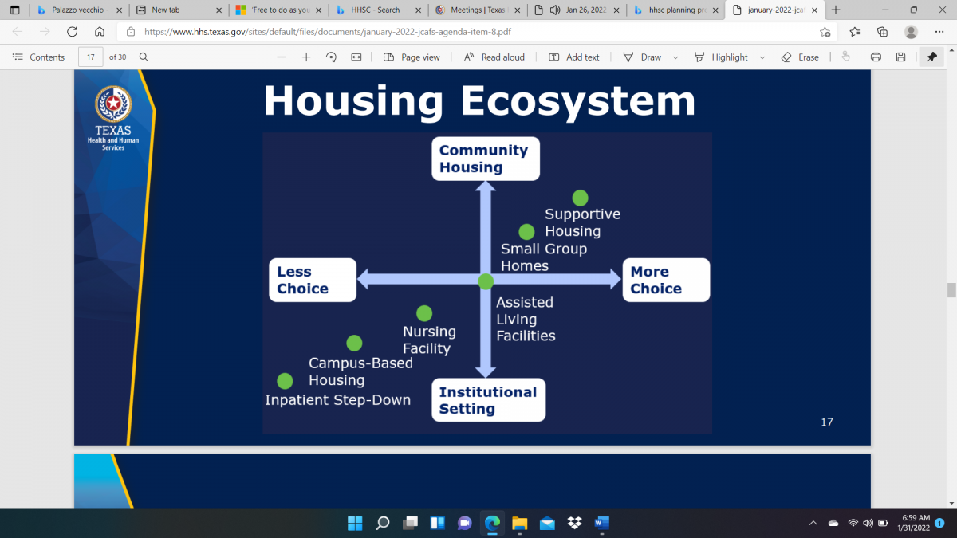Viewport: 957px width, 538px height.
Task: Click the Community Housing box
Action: click(486, 159)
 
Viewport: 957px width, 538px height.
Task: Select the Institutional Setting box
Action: click(488, 400)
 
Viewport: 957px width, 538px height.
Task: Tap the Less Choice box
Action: click(312, 280)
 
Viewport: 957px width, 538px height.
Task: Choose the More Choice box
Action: click(665, 280)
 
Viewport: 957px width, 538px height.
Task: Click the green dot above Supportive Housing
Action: click(580, 198)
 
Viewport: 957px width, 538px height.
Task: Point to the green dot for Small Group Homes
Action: click(526, 232)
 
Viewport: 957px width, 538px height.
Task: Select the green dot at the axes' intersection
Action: click(486, 281)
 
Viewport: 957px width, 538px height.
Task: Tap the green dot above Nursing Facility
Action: click(424, 313)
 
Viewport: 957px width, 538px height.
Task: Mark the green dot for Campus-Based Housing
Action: click(354, 343)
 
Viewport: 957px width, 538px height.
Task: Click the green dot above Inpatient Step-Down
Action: click(285, 381)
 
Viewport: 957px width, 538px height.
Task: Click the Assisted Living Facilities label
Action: click(525, 319)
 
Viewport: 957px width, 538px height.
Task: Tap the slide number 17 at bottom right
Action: click(826, 422)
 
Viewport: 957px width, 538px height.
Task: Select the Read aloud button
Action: click(494, 57)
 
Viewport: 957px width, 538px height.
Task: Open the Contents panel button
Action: click(38, 57)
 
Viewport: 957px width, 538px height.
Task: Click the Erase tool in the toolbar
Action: click(800, 57)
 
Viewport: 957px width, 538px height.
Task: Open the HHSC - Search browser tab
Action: click(375, 10)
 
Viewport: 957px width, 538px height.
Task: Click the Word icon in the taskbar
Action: click(601, 523)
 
